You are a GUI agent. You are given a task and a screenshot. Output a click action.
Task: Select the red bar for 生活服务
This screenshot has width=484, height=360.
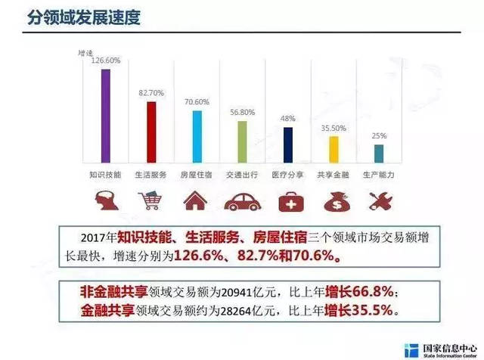coord(151,132)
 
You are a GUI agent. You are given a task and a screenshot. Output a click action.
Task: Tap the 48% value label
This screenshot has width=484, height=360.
coord(288,119)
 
